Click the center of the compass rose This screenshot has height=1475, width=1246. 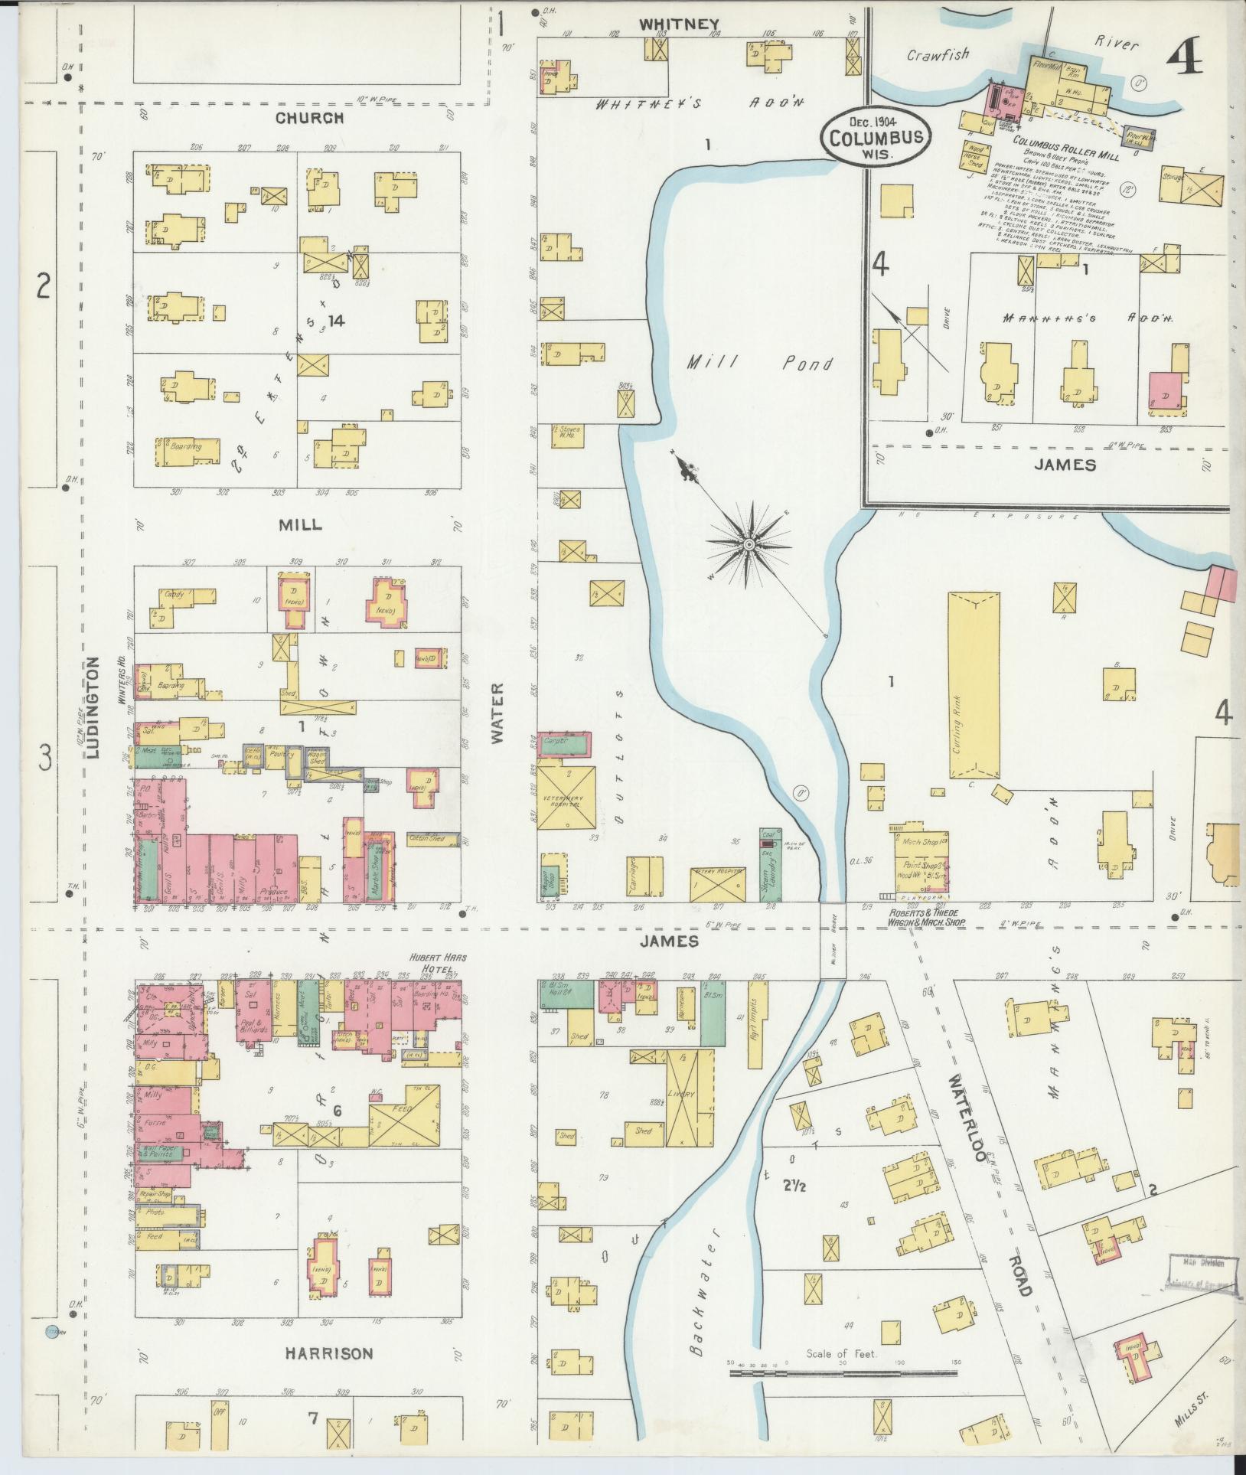pos(749,543)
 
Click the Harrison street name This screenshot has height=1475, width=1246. pos(329,1353)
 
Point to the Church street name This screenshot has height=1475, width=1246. pos(309,118)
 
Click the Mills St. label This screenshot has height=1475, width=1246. pos(1192,1418)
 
